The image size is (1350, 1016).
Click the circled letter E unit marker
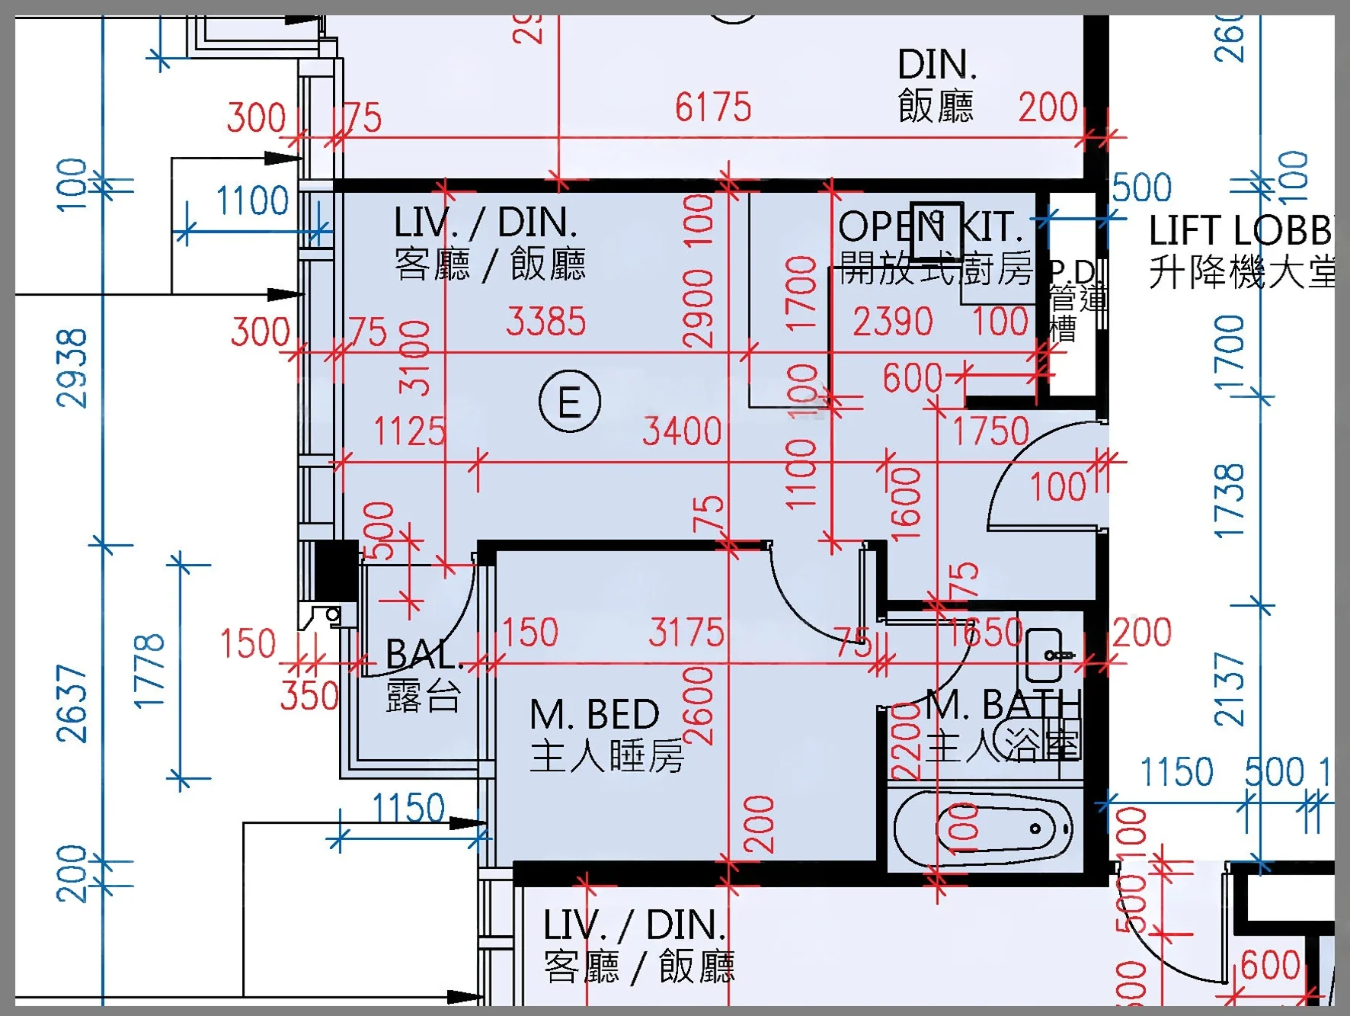[x=569, y=402]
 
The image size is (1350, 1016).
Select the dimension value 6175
[x=713, y=107]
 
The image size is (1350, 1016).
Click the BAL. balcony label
[x=424, y=654]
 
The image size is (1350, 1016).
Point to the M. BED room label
[x=594, y=715]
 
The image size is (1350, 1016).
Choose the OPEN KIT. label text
[x=929, y=226]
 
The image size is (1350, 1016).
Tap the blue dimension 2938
[x=72, y=368]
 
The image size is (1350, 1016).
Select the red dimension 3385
[x=546, y=322]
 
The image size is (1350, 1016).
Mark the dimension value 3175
[x=686, y=633]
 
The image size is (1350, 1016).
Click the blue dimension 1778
[x=149, y=671]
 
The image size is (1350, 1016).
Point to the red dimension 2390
[x=893, y=322]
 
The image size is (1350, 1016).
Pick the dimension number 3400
[x=682, y=431]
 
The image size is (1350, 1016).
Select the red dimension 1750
[x=991, y=431]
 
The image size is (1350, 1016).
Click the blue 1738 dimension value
[x=1229, y=501]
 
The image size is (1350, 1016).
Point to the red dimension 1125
[x=409, y=431]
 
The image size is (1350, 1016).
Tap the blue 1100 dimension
[x=253, y=201]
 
